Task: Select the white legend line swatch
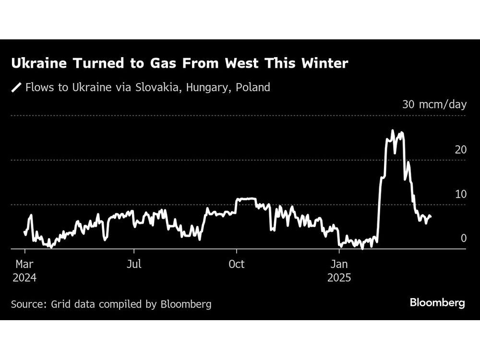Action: (x=17, y=87)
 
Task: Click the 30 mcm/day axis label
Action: (x=434, y=104)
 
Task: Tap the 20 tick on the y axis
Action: (x=460, y=150)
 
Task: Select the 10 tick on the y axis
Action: (x=460, y=194)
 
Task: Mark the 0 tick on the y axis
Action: (x=463, y=239)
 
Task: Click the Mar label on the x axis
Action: (x=25, y=264)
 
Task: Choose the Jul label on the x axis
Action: (x=134, y=264)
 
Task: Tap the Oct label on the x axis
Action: (x=237, y=264)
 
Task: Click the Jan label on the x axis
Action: (x=339, y=264)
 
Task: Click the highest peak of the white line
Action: (x=393, y=131)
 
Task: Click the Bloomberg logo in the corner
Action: (x=437, y=303)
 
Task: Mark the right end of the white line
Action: (x=431, y=217)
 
